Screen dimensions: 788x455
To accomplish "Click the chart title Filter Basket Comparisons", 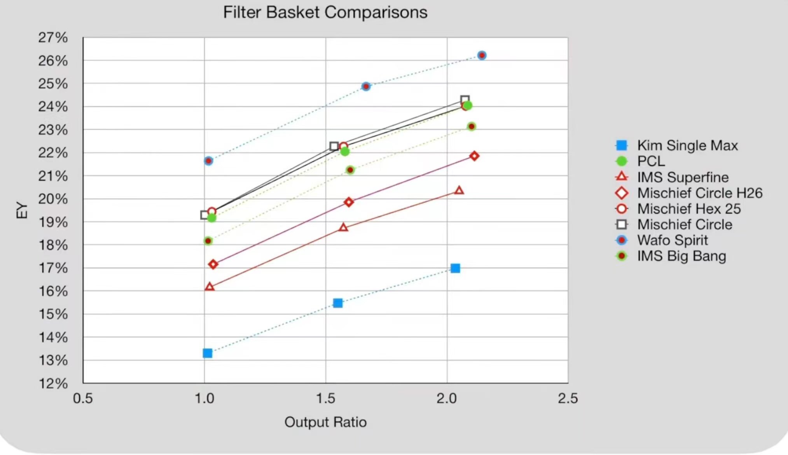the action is point(325,12).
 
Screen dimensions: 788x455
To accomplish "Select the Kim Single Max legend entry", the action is point(676,145).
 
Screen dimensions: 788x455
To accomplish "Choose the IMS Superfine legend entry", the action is point(672,177).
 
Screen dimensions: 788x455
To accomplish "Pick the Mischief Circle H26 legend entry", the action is point(689,193).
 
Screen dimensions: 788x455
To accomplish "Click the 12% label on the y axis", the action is point(53,383).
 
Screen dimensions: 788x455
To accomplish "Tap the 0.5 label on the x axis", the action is point(83,398).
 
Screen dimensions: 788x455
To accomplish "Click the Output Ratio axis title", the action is point(325,422).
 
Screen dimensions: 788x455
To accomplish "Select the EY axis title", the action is point(22,210).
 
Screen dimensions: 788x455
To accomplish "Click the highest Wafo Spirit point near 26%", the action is point(482,55).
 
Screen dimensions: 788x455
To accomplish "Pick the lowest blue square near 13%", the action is point(208,353).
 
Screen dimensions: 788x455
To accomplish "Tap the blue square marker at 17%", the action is point(455,268).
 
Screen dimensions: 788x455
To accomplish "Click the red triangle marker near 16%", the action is point(210,287).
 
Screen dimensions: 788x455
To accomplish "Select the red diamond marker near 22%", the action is point(474,156).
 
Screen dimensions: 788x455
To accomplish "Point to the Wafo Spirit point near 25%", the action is point(366,86).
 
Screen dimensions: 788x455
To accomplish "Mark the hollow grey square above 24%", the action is point(465,100).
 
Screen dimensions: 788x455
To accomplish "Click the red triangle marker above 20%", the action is point(459,190).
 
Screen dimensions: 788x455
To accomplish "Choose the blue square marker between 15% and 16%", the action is point(338,303).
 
